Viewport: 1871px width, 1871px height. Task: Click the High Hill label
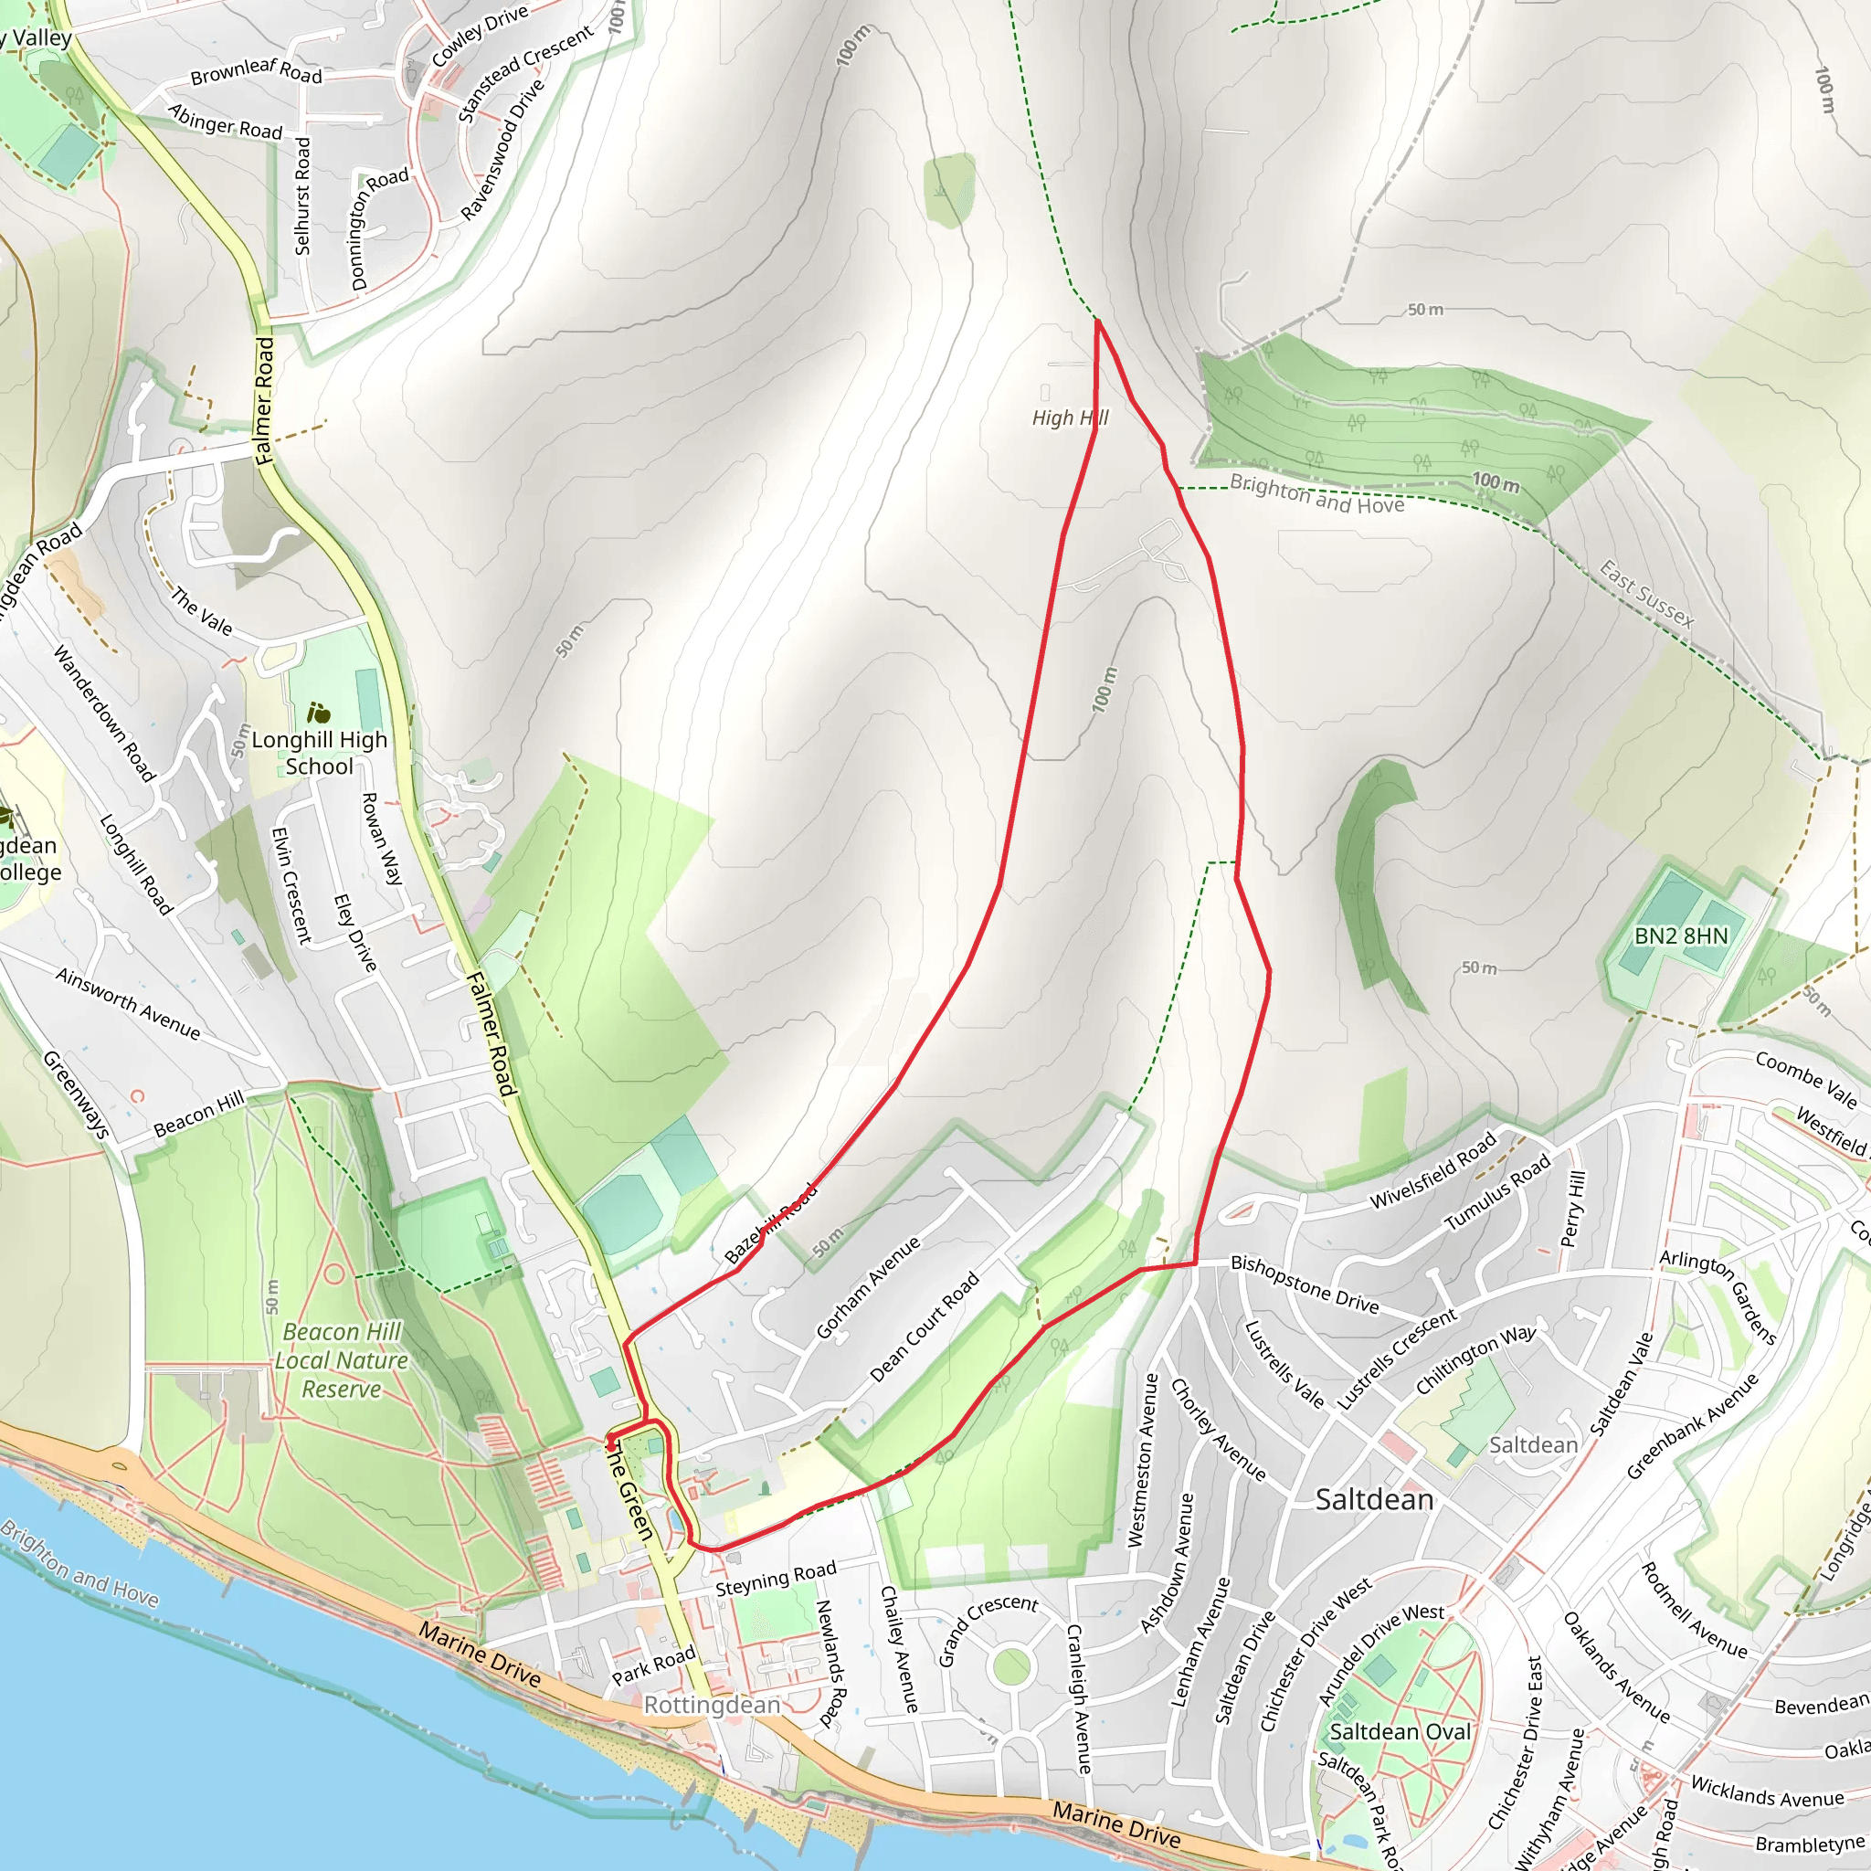pyautogui.click(x=1069, y=418)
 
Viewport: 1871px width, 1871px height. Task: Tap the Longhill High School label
pyautogui.click(x=319, y=753)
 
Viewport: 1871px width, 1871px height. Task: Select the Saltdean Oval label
pyautogui.click(x=1400, y=1731)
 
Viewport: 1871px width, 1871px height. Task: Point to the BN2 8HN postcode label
pyautogui.click(x=1680, y=935)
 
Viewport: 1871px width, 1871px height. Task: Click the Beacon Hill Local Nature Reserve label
pyautogui.click(x=341, y=1359)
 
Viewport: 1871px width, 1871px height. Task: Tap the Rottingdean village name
pyautogui.click(x=712, y=1705)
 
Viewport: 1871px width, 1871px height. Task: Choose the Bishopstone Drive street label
pyautogui.click(x=1304, y=1284)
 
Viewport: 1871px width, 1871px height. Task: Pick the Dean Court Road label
pyautogui.click(x=924, y=1326)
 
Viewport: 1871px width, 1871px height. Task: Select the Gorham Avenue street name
pyautogui.click(x=868, y=1287)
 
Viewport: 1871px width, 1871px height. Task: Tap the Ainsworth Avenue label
pyautogui.click(x=128, y=1003)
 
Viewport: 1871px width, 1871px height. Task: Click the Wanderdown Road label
pyautogui.click(x=103, y=713)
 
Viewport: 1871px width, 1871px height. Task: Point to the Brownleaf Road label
pyautogui.click(x=256, y=70)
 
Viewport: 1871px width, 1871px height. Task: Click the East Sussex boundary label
pyautogui.click(x=1645, y=594)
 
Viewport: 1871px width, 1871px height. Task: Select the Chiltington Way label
pyautogui.click(x=1475, y=1359)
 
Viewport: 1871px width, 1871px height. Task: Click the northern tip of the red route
pyautogui.click(x=1097, y=321)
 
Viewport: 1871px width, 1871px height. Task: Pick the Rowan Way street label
pyautogui.click(x=382, y=839)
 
